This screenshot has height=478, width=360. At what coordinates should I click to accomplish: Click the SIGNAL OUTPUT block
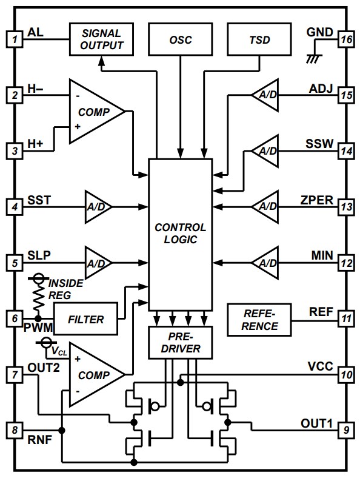point(100,39)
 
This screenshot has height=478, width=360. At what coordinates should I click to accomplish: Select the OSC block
point(181,39)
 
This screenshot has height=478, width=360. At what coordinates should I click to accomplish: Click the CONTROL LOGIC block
point(181,234)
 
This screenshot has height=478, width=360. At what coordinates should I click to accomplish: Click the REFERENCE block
point(259,320)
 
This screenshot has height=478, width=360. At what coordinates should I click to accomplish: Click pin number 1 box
point(13,39)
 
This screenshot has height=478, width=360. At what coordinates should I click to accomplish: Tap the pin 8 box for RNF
point(13,430)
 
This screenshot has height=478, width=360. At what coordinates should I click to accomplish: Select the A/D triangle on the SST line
point(97,206)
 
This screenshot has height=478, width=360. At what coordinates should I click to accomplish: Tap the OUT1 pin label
point(316,423)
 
